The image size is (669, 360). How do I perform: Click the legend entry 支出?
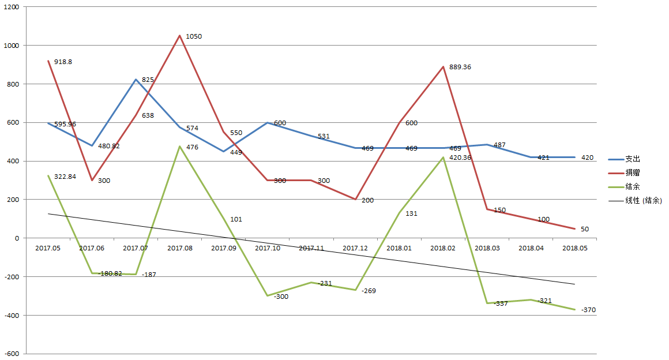(633, 159)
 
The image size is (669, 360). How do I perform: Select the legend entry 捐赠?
(633, 172)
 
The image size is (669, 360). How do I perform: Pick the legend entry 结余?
(633, 186)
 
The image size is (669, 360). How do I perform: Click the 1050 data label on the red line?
(194, 36)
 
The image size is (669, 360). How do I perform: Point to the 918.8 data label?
(63, 62)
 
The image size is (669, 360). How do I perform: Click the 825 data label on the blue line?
(148, 80)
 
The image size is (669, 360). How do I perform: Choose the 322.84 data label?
(65, 176)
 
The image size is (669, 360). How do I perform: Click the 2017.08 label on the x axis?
(179, 248)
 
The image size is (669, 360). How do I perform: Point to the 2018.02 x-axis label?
(443, 248)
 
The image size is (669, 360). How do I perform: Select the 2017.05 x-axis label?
(48, 248)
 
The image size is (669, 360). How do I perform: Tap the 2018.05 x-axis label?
(574, 248)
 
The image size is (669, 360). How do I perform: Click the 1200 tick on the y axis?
(11, 7)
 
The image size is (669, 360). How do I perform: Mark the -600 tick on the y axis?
(11, 354)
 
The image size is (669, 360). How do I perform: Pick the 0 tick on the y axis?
(17, 238)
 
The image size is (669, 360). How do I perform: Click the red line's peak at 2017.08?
(179, 36)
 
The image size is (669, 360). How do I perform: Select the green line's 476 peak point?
(179, 147)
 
